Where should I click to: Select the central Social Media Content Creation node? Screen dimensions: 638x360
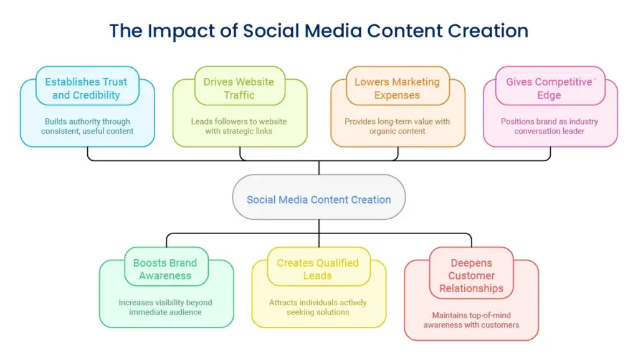[x=319, y=197]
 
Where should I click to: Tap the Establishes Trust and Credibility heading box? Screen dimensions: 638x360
[x=87, y=86]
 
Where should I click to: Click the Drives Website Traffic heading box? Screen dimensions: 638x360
[x=240, y=86]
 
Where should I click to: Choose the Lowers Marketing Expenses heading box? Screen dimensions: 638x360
[x=398, y=86]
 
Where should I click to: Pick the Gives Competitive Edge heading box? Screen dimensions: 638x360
[x=550, y=86]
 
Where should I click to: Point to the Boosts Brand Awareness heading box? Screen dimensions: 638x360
[x=166, y=267]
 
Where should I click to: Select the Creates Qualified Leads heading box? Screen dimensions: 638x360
[x=318, y=267]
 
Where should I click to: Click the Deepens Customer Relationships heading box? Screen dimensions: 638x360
[x=471, y=273]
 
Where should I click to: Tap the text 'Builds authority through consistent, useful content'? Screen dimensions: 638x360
[x=87, y=126]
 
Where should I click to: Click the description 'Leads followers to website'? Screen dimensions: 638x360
[x=239, y=121]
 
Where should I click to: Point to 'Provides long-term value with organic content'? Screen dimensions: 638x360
[x=397, y=126]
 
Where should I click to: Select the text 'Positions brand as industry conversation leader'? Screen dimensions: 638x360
[x=550, y=126]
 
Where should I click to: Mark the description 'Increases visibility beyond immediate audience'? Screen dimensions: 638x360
[x=165, y=308]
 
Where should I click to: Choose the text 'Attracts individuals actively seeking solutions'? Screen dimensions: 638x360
[x=318, y=308]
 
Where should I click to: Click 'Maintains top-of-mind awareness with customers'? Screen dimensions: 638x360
[x=471, y=320]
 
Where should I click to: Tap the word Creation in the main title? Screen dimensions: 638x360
[x=488, y=31]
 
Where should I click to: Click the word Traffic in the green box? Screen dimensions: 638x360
[x=239, y=95]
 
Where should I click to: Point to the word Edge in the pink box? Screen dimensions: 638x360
[x=550, y=95]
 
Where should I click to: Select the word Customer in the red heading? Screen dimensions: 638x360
[x=471, y=276]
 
